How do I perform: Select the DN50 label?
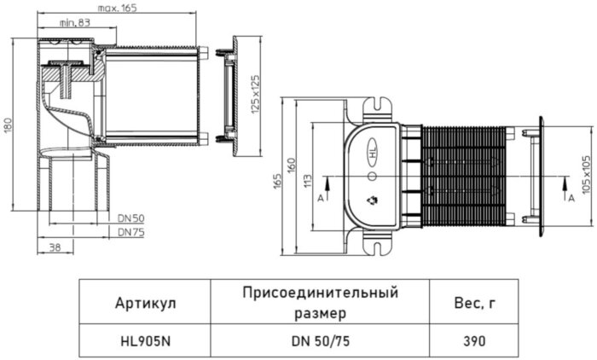(130, 219)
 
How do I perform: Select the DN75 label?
(130, 231)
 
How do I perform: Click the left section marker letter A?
(321, 196)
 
